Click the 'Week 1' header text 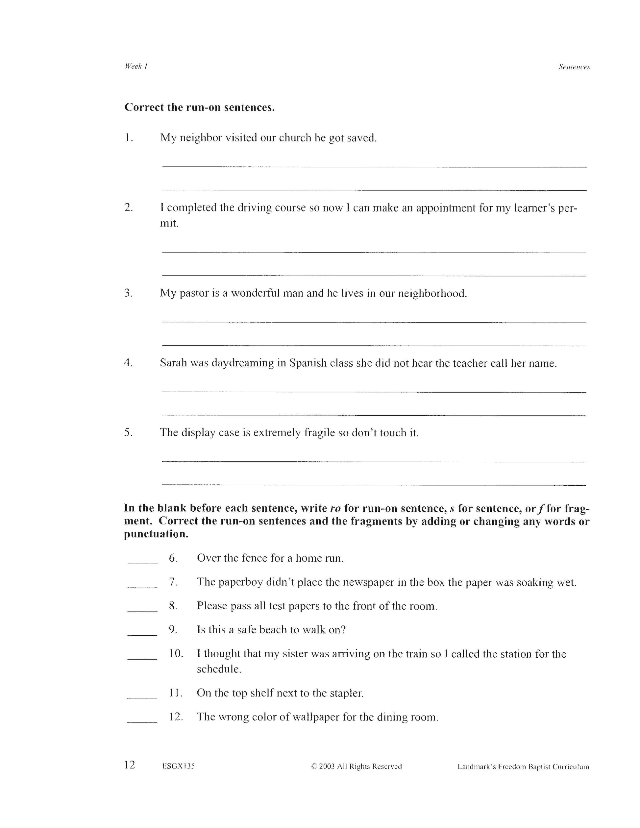[x=136, y=66]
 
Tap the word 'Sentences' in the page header [x=574, y=67]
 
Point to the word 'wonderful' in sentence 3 [x=255, y=293]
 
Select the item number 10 [x=176, y=654]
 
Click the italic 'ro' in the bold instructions [x=335, y=508]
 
